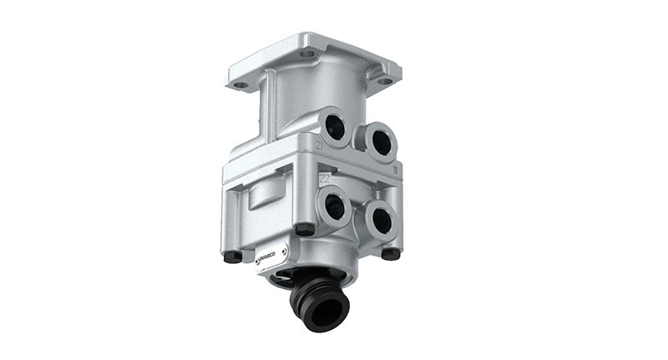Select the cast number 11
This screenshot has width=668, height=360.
coord(393,170)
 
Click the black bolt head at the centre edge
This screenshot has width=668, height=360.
coord(305,229)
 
